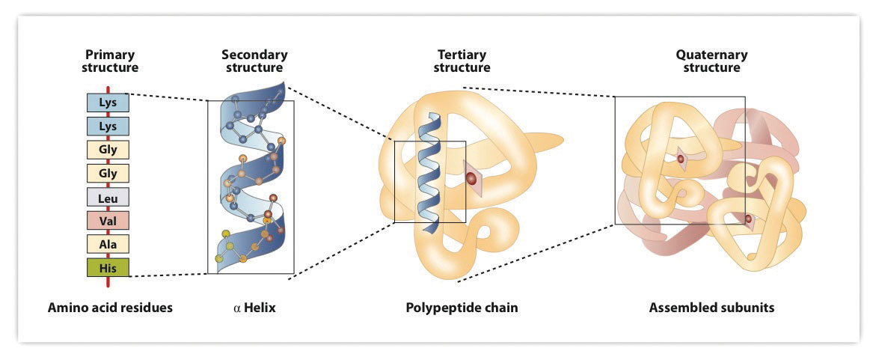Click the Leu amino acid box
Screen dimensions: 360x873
pos(108,197)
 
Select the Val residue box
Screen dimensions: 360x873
pos(108,220)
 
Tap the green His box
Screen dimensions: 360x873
pos(108,267)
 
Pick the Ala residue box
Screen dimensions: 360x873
pos(108,244)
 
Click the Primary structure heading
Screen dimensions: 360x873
pos(111,61)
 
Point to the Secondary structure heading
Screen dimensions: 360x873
pos(254,61)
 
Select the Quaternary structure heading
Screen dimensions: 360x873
pos(711,61)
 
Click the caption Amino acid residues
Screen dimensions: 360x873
pos(110,308)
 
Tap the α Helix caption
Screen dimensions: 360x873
pos(254,308)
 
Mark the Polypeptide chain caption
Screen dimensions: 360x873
pos(462,308)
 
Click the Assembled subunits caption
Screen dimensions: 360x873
pos(711,308)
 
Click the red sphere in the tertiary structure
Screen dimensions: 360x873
pos(472,179)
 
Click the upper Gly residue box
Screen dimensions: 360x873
pos(108,149)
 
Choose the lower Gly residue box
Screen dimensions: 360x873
pos(108,173)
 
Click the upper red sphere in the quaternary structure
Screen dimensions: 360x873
pos(681,159)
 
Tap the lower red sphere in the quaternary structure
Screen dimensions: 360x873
pos(748,219)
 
